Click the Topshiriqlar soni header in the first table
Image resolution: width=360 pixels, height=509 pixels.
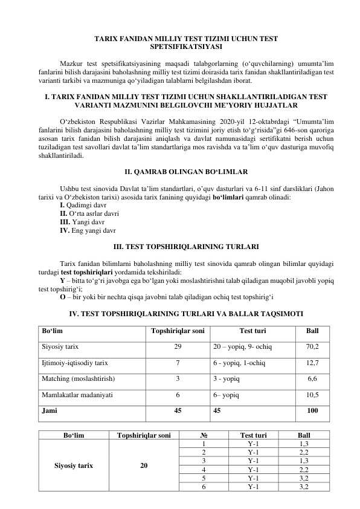point(177,331)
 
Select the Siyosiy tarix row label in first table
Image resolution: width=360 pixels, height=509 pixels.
point(60,348)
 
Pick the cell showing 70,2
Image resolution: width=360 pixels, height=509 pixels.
point(312,348)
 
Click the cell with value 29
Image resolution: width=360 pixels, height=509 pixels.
point(177,348)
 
